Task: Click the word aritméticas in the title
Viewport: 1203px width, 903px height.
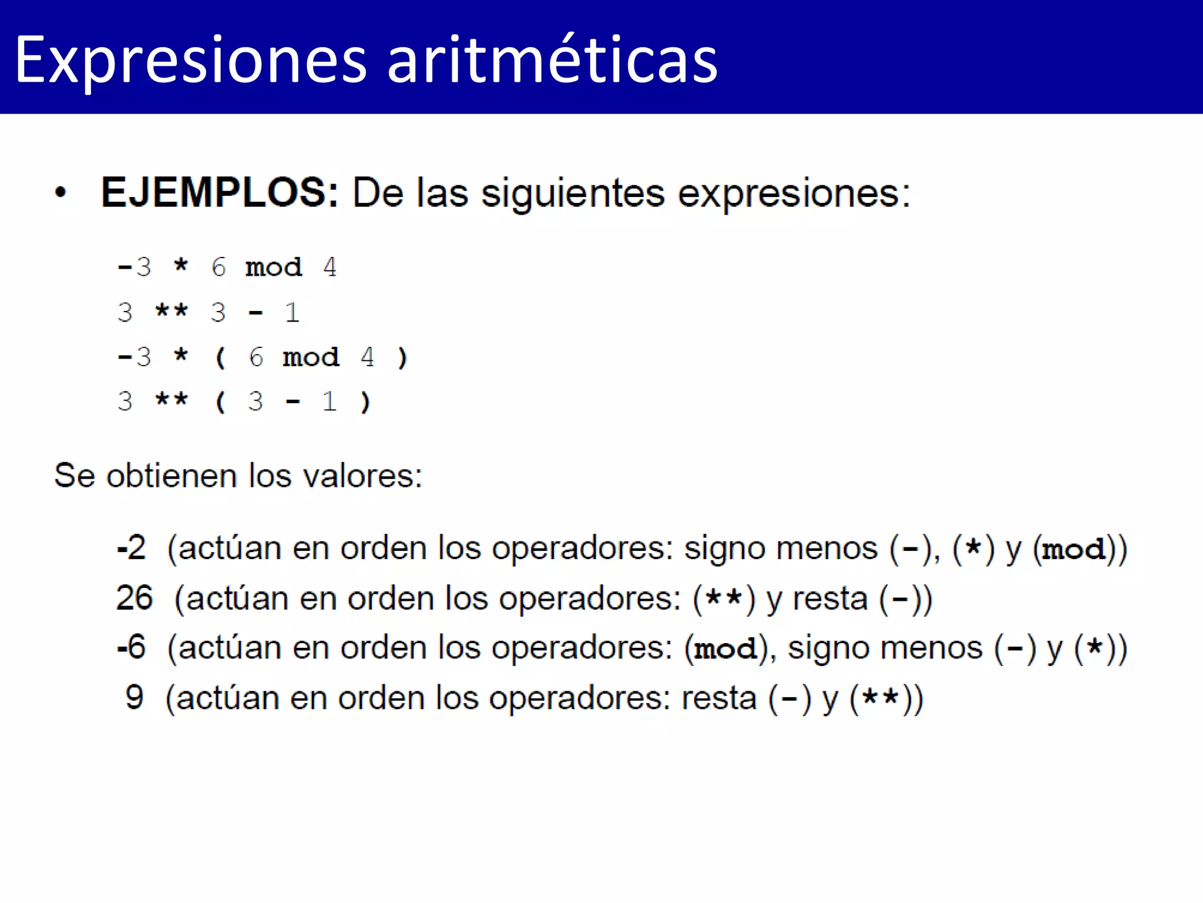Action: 552,60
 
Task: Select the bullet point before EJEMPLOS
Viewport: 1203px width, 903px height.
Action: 61,193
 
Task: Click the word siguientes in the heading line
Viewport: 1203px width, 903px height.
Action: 573,193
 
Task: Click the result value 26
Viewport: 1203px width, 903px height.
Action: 135,598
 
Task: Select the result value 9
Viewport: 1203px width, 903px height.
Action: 135,698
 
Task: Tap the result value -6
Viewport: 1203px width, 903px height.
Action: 132,648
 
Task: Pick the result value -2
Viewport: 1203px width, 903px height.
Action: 132,548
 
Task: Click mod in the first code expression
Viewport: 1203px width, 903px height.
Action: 274,267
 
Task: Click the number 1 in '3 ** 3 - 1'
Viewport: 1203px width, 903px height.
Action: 292,313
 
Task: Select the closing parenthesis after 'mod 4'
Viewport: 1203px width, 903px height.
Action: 402,357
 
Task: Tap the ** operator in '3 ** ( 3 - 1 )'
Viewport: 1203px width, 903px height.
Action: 172,402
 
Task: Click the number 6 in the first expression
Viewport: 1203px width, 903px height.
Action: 219,267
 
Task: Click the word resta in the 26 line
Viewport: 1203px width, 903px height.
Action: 829,599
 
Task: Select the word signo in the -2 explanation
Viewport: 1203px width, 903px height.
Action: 724,549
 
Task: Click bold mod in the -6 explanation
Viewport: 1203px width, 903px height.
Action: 725,649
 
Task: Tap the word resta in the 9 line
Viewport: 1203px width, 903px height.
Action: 718,698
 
